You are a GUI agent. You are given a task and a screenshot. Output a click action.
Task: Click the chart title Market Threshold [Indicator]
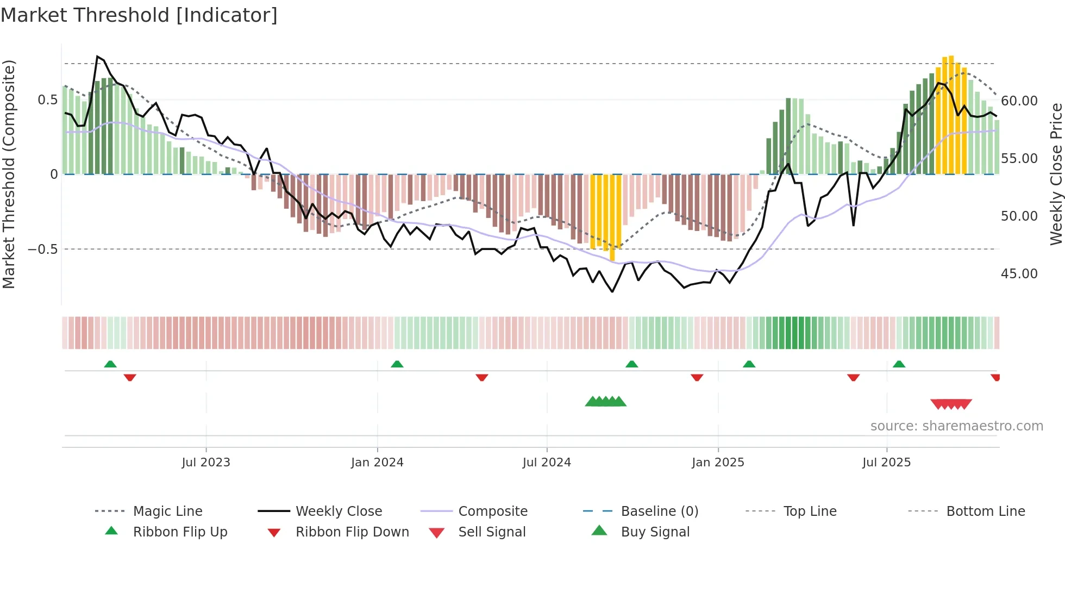[x=139, y=15]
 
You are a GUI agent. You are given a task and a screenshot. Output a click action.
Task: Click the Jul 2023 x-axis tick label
[x=206, y=463]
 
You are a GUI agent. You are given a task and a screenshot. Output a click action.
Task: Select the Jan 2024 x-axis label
[x=377, y=463]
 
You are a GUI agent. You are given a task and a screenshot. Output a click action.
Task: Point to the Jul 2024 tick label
[x=547, y=463]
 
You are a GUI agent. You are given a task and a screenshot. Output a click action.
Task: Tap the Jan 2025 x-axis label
[x=718, y=463]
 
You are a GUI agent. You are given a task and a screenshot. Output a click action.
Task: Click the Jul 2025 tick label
[x=886, y=463]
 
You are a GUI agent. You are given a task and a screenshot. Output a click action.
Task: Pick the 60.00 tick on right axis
[x=1019, y=101]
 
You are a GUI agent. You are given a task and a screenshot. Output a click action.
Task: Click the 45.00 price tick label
[x=1019, y=274]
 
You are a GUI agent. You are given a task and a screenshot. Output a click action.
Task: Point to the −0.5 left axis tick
[x=42, y=249]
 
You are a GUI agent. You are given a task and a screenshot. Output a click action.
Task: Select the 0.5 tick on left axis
[x=47, y=100]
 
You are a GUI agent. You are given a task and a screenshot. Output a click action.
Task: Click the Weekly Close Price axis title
[x=1056, y=174]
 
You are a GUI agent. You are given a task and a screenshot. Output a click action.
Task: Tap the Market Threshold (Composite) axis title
[x=9, y=174]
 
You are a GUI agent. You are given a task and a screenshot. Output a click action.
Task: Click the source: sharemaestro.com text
[x=956, y=426]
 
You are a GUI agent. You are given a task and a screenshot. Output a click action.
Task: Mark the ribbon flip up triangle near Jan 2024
[x=397, y=364]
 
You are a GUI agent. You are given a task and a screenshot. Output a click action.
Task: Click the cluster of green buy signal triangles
[x=605, y=402]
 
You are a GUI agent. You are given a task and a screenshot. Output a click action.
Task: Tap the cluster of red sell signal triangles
[x=951, y=404]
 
